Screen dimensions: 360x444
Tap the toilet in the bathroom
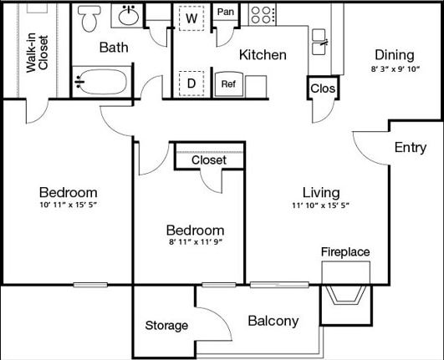[x=89, y=18]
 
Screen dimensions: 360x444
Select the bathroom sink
[x=130, y=16]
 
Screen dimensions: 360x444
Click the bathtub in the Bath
[x=100, y=82]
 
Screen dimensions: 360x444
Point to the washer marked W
[x=191, y=18]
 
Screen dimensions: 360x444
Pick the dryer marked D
[x=191, y=83]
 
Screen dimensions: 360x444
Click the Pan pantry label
[x=225, y=13]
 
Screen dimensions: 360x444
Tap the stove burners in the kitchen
[x=263, y=14]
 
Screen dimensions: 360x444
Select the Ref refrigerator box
[x=227, y=84]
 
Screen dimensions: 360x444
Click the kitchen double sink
[x=320, y=37]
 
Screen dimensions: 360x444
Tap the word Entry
[x=411, y=148]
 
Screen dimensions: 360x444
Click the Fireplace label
[x=345, y=251]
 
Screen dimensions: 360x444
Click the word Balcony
[x=273, y=321]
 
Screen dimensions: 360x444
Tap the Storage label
[x=166, y=326]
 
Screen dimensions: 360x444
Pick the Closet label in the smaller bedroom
[x=209, y=160]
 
